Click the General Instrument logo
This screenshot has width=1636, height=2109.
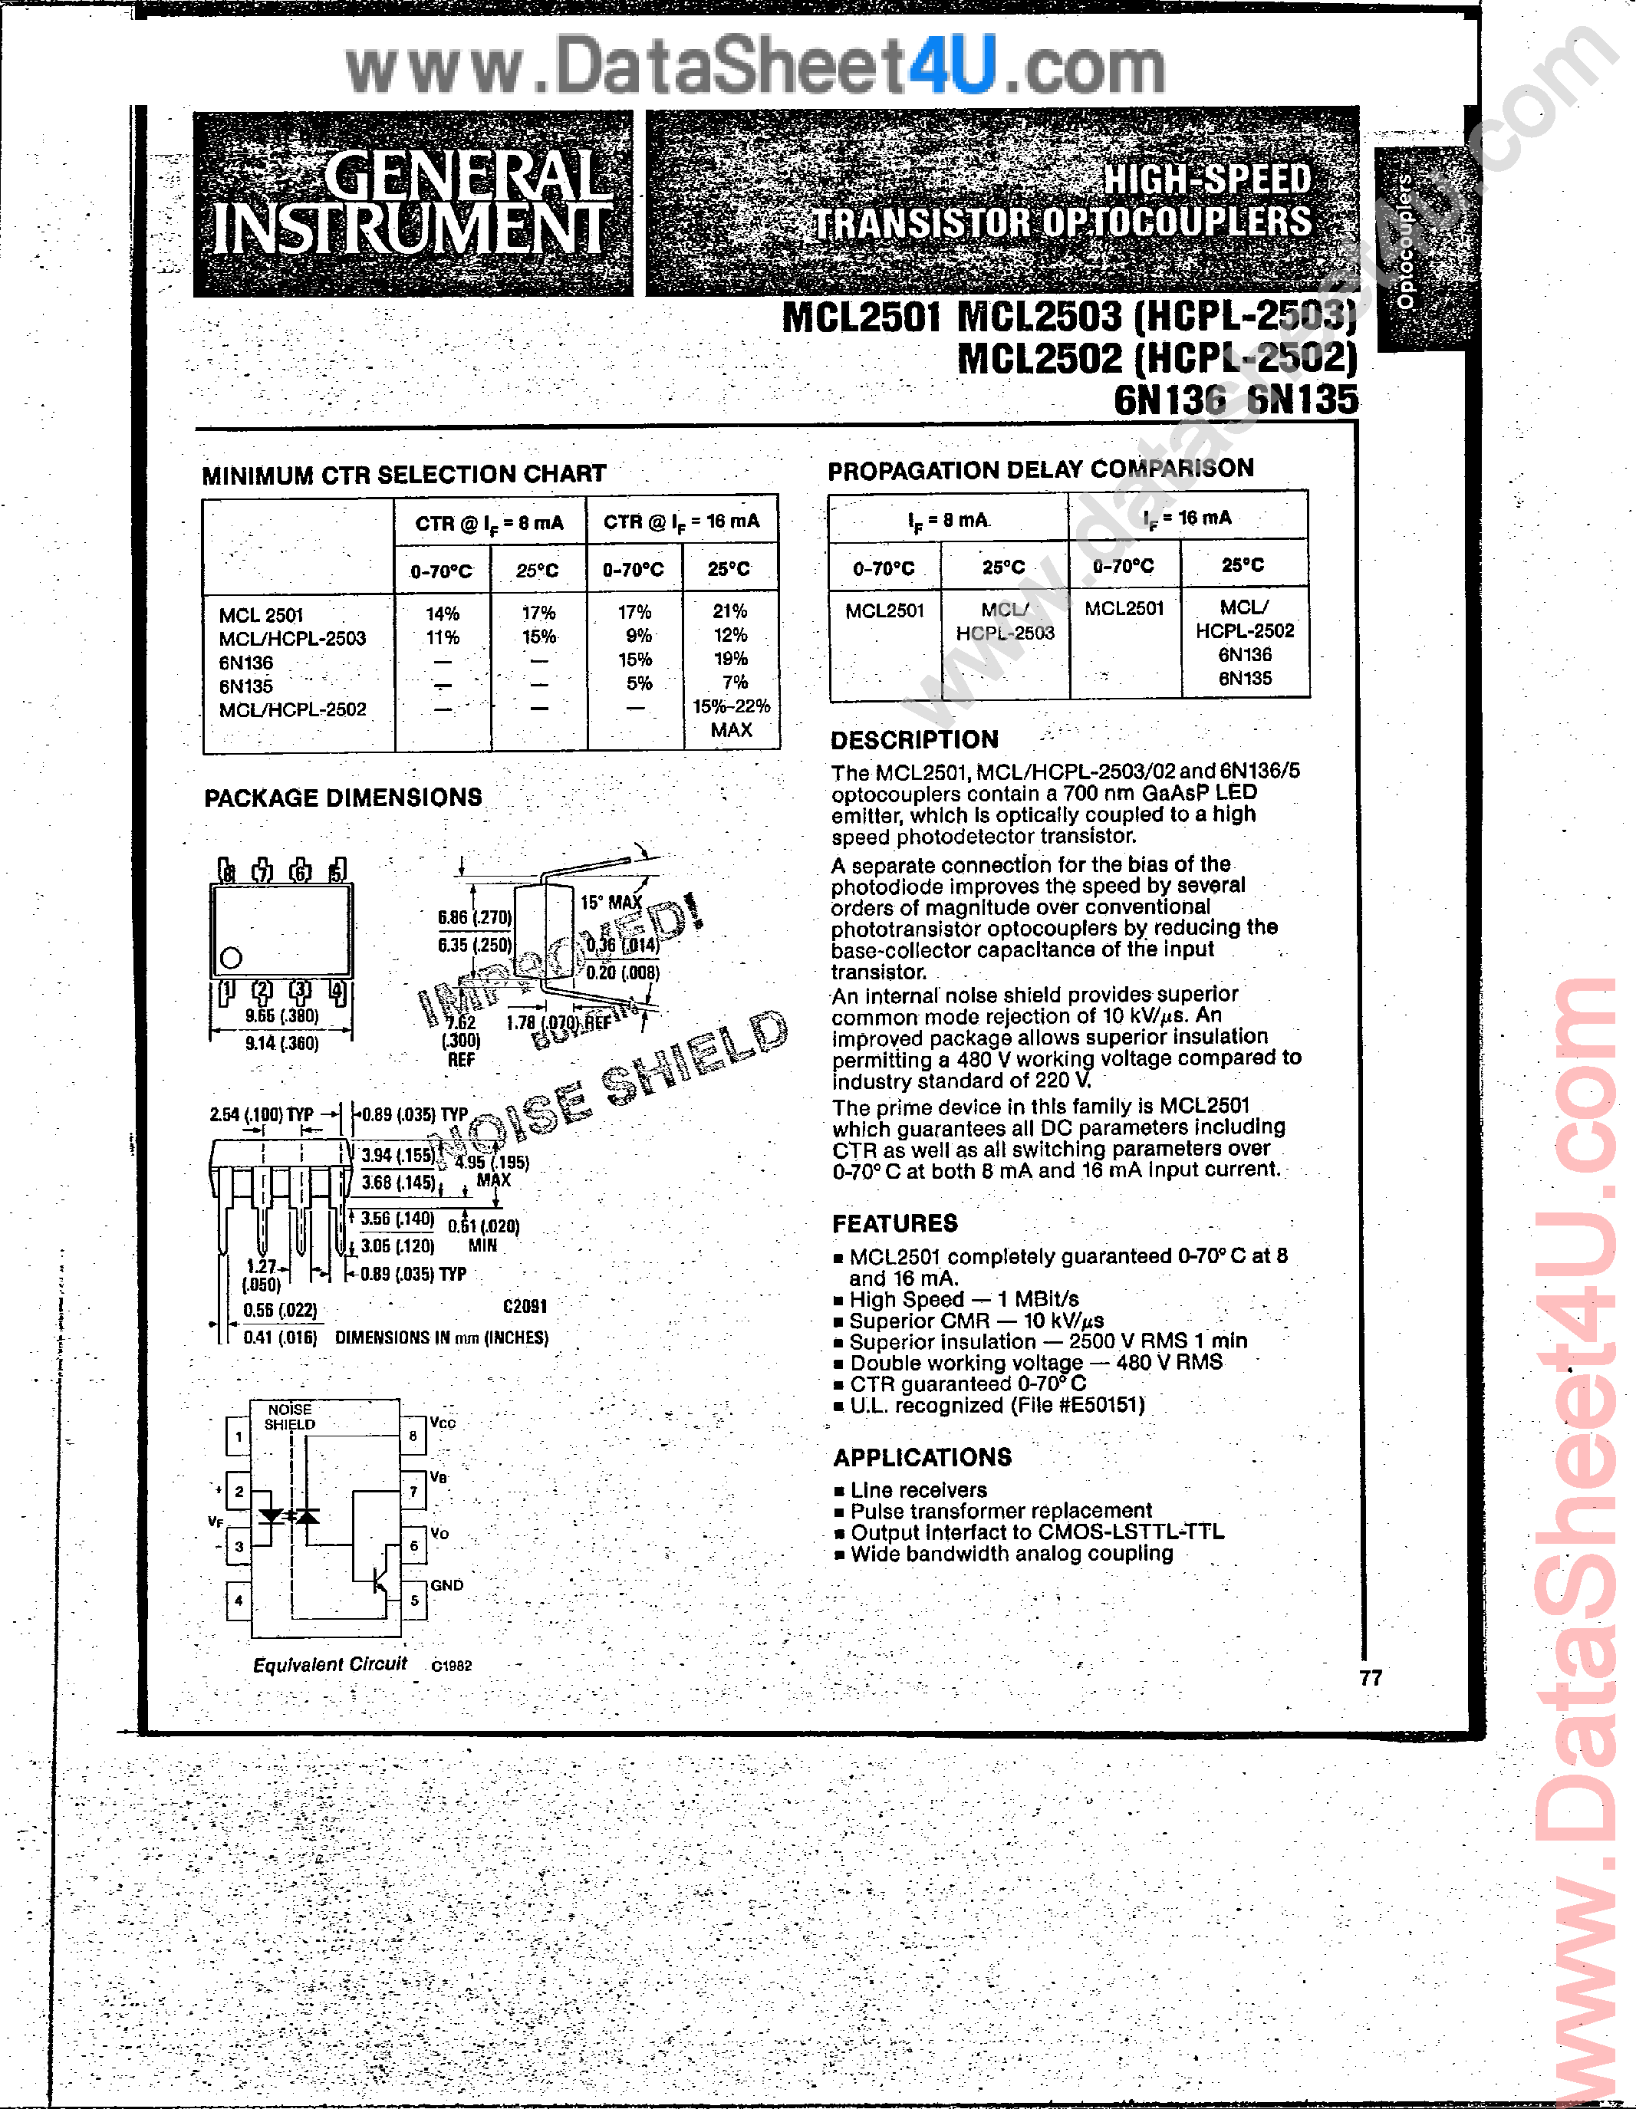tap(413, 202)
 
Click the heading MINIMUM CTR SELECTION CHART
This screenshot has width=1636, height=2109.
tap(403, 474)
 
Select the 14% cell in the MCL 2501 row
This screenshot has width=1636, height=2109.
tap(443, 614)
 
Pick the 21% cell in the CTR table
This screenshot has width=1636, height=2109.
tap(730, 610)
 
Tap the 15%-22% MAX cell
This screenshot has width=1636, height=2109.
tap(731, 718)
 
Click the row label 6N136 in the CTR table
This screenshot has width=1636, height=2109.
tap(246, 663)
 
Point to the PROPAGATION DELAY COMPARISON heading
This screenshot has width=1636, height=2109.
tap(1040, 469)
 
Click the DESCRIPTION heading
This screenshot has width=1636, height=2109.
tap(913, 740)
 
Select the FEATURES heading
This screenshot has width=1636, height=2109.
tap(894, 1223)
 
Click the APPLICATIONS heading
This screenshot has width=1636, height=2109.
tap(922, 1457)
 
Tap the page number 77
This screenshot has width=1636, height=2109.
tap(1371, 1677)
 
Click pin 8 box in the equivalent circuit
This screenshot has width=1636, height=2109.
tap(413, 1436)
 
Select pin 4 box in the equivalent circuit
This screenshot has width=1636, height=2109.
tap(239, 1600)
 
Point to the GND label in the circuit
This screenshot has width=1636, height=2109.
tap(447, 1586)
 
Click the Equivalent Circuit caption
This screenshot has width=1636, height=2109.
tap(329, 1664)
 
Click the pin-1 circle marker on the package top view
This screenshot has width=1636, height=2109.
tap(231, 958)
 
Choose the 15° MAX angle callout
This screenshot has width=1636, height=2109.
tap(611, 902)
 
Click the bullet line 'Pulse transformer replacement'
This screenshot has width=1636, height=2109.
tap(1000, 1510)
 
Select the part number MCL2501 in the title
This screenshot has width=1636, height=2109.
tap(861, 317)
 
